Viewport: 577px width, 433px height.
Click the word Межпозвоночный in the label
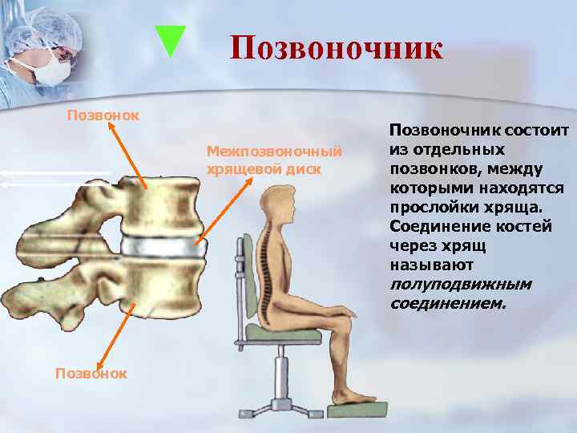(x=274, y=152)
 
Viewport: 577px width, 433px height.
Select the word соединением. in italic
(x=448, y=303)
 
